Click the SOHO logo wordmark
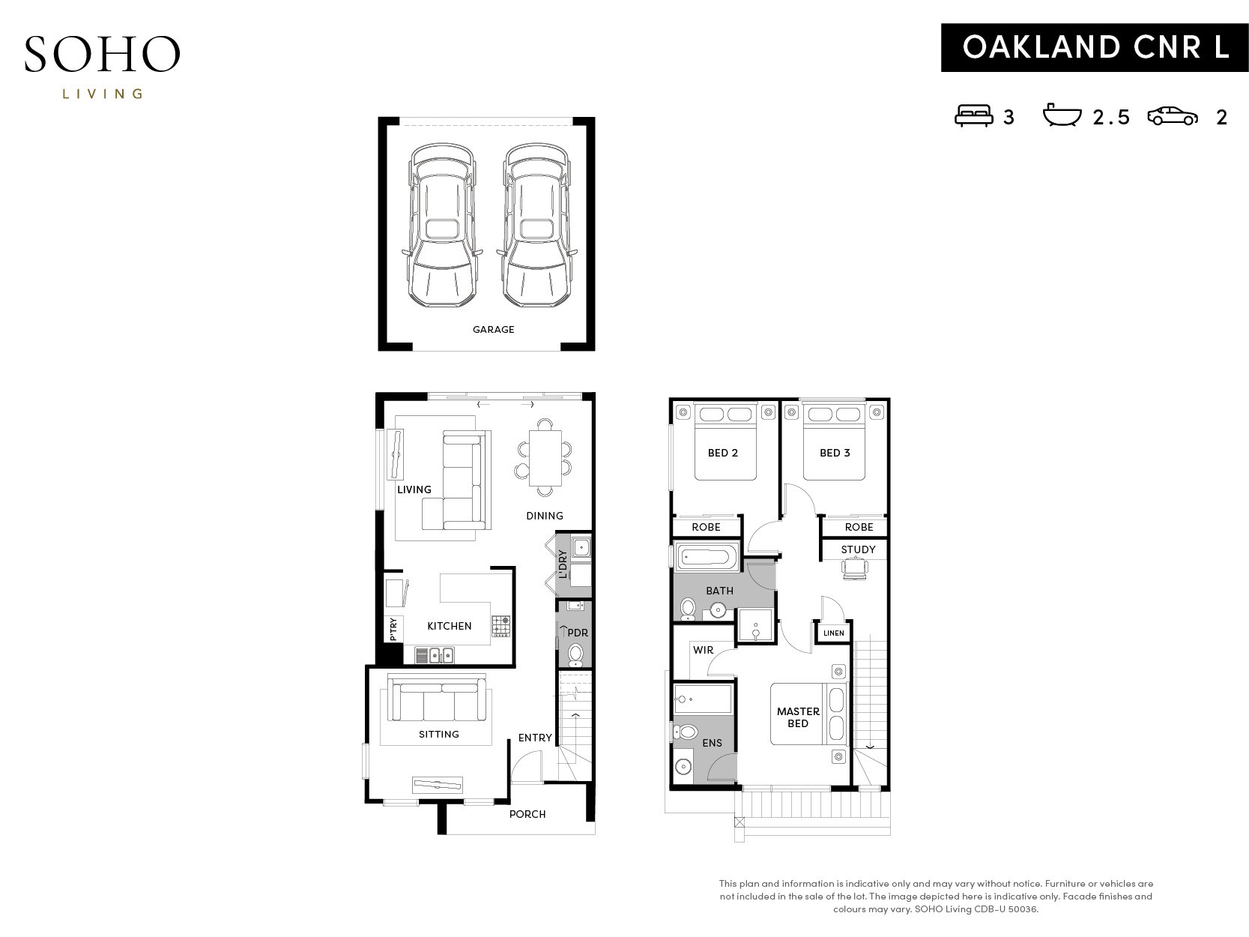102,54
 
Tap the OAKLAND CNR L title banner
1094,47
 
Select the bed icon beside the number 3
973,115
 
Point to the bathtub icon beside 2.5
1062,115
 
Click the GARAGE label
493,330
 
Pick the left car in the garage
442,226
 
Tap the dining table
545,458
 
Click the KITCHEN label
449,626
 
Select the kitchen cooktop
500,626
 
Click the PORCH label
527,814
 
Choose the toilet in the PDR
576,654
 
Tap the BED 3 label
835,453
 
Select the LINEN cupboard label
834,633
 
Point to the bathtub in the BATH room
707,556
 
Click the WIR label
703,650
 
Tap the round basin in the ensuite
683,767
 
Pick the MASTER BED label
798,717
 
